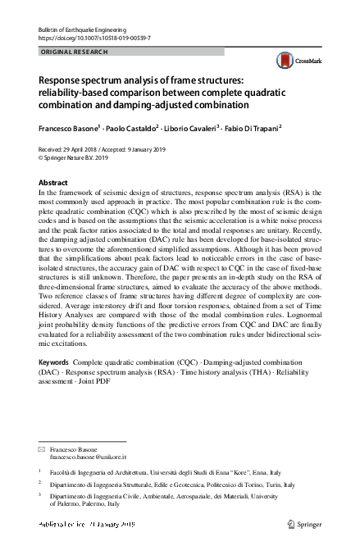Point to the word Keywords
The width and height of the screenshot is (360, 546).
pos(53,362)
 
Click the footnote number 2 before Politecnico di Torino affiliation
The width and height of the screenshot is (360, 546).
pos(40,485)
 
